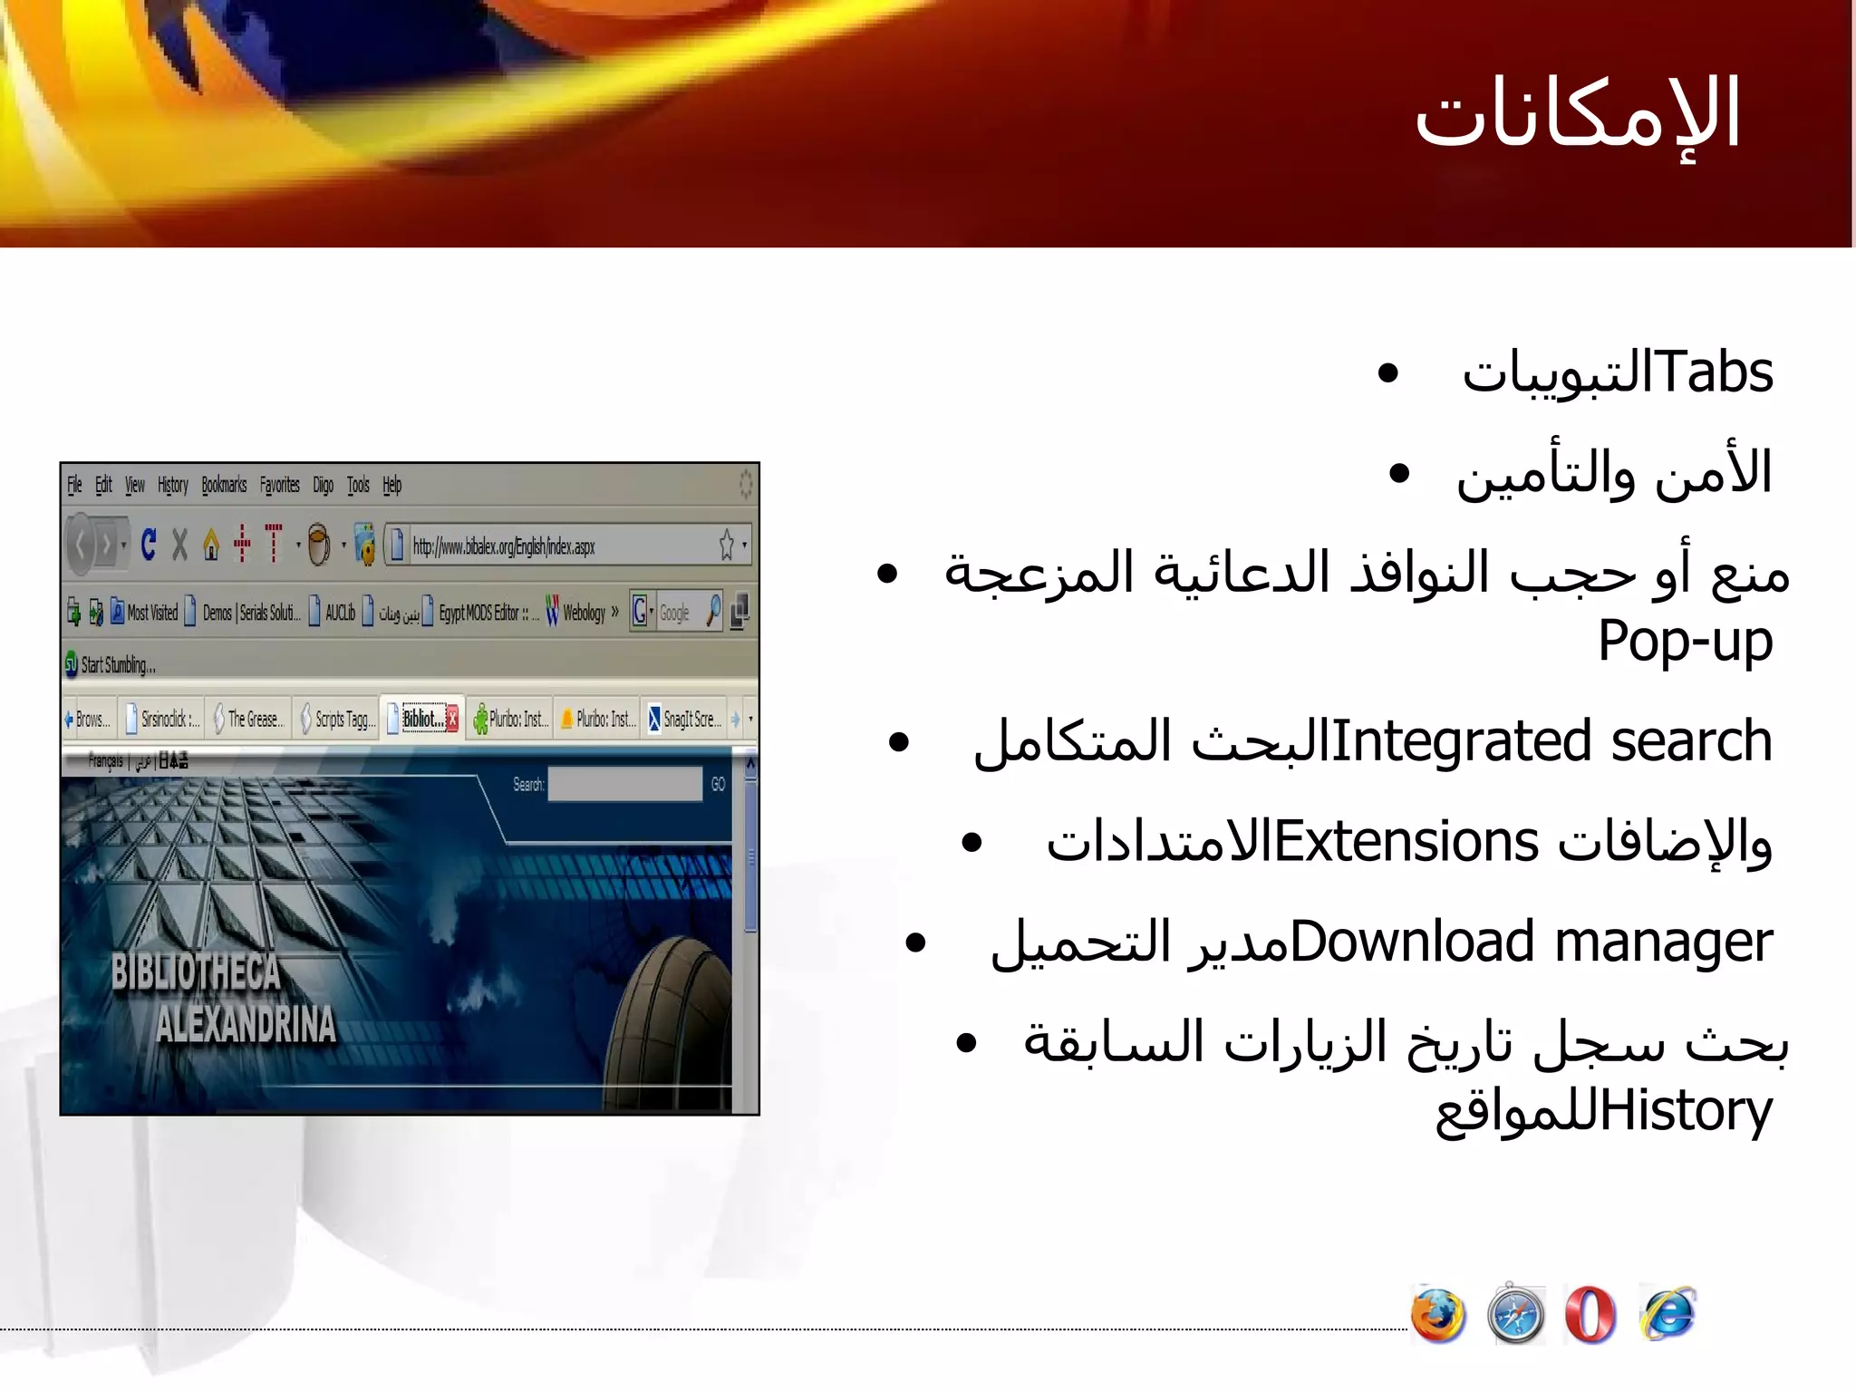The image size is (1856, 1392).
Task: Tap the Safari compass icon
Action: pyautogui.click(x=1515, y=1315)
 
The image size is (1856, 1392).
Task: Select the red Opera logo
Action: pyautogui.click(x=1590, y=1315)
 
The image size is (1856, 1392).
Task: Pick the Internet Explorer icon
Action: pyautogui.click(x=1667, y=1314)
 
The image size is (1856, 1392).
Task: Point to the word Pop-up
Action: pyautogui.click(x=1685, y=642)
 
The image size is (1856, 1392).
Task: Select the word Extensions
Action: pyautogui.click(x=1406, y=842)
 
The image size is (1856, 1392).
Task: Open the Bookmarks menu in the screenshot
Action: pyautogui.click(x=224, y=485)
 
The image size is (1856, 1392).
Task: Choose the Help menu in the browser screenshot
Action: pyautogui.click(x=391, y=485)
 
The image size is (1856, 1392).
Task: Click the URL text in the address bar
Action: pyautogui.click(x=504, y=546)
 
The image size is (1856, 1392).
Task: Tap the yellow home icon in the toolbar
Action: pyautogui.click(x=211, y=545)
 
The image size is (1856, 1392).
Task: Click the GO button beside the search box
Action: pyautogui.click(x=718, y=785)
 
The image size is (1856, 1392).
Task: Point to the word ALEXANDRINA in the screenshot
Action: pyautogui.click(x=246, y=1025)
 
